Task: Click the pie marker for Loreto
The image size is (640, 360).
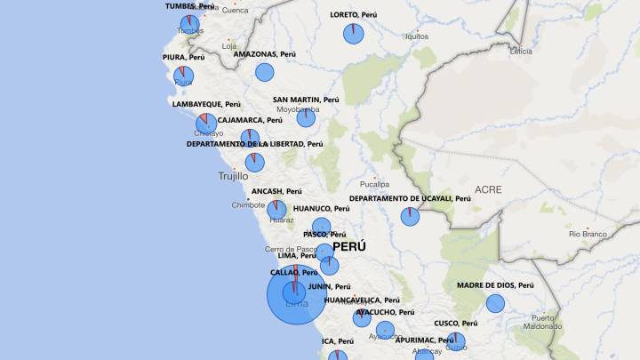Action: coord(354,34)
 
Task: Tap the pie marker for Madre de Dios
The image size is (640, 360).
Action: coord(495,304)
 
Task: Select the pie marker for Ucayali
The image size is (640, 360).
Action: coord(410,216)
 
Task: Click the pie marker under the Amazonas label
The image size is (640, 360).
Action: coord(265,73)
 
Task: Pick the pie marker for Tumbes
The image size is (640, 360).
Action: coord(189,24)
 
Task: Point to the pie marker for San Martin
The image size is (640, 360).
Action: coord(306,117)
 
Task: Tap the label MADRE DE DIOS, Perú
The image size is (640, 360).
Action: coord(495,285)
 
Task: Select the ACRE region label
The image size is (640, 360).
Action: coord(488,189)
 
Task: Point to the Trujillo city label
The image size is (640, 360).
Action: coord(234,176)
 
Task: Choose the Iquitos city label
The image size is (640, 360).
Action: coord(416,36)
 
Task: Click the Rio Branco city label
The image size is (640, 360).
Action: coord(588,234)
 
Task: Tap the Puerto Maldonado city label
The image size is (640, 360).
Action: coord(542,322)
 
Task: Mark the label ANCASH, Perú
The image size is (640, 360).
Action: coord(277,191)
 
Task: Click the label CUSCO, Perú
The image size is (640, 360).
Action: coord(456,324)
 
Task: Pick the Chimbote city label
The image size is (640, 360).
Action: coord(248,204)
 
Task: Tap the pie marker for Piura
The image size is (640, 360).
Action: coord(183,76)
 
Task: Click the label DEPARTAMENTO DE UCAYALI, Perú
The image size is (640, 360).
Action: coord(410,198)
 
